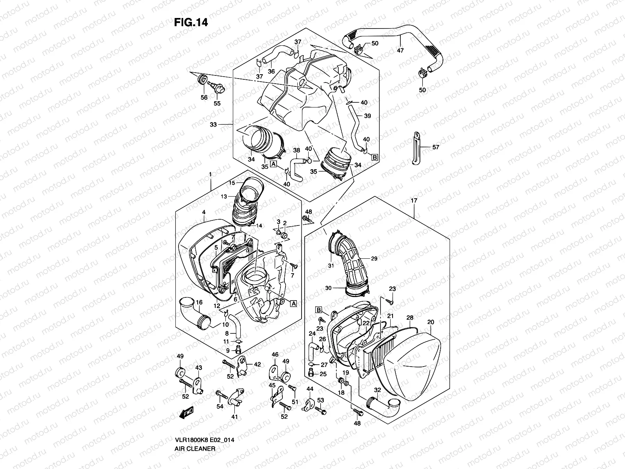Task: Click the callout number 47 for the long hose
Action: [x=400, y=50]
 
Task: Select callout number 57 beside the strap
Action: [x=436, y=147]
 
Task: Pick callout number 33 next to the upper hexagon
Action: [x=213, y=125]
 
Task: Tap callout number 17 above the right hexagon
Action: [x=414, y=200]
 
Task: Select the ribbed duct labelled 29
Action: [x=354, y=266]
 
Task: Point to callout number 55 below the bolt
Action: [x=217, y=103]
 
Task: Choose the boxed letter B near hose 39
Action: [x=375, y=158]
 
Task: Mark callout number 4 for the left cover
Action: [x=204, y=212]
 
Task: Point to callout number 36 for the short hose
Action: [x=271, y=72]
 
